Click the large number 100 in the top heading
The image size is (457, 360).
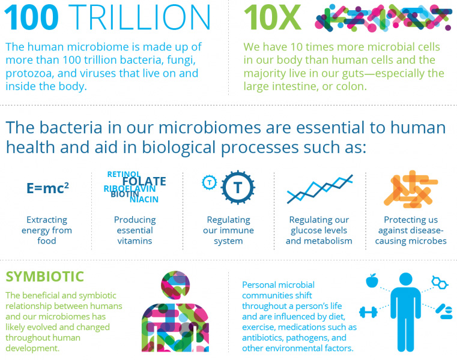tap(31, 17)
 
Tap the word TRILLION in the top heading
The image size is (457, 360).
tap(139, 17)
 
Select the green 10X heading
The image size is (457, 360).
tap(272, 17)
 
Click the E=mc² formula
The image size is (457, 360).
tap(48, 188)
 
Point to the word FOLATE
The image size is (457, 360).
tap(144, 181)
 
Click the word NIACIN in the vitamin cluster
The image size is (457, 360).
tap(144, 200)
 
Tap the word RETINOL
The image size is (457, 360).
tap(124, 174)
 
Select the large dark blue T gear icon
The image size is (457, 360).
tap(238, 187)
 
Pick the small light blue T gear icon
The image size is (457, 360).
tap(209, 182)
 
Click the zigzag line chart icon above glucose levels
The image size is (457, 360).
tap(319, 189)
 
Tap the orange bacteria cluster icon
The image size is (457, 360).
tap(411, 190)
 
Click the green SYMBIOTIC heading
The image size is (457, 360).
tap(44, 277)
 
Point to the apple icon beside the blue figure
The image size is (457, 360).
tap(372, 280)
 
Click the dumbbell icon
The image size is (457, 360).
tap(368, 312)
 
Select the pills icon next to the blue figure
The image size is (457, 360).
tap(444, 311)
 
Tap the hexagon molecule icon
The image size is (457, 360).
tap(440, 282)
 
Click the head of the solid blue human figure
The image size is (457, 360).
tap(405, 279)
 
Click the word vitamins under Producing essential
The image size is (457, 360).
tap(135, 241)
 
